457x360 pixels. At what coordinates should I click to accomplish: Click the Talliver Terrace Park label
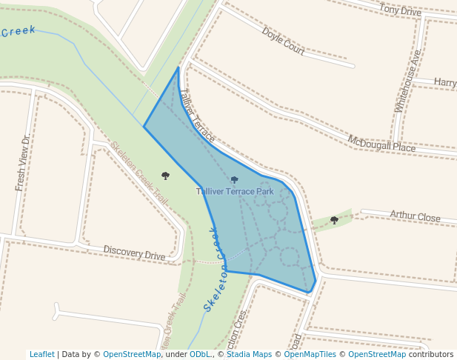[x=235, y=191]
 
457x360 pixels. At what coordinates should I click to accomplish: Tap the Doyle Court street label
[x=283, y=41]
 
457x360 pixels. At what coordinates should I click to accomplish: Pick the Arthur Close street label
[x=415, y=216]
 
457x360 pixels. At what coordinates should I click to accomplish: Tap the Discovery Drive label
[x=134, y=254]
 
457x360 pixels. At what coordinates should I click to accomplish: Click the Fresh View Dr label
[x=24, y=163]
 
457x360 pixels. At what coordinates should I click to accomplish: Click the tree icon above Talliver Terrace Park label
[x=235, y=179]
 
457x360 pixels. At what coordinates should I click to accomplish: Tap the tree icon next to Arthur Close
[x=334, y=220]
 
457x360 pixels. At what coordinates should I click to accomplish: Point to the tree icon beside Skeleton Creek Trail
[x=165, y=176]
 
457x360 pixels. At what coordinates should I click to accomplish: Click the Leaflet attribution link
[x=42, y=354]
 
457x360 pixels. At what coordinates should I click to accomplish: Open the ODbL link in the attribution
[x=199, y=354]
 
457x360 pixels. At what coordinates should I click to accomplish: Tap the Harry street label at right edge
[x=445, y=82]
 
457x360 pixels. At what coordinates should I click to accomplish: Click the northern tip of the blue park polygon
[x=179, y=67]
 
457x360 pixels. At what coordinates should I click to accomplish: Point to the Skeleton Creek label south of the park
[x=213, y=270]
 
